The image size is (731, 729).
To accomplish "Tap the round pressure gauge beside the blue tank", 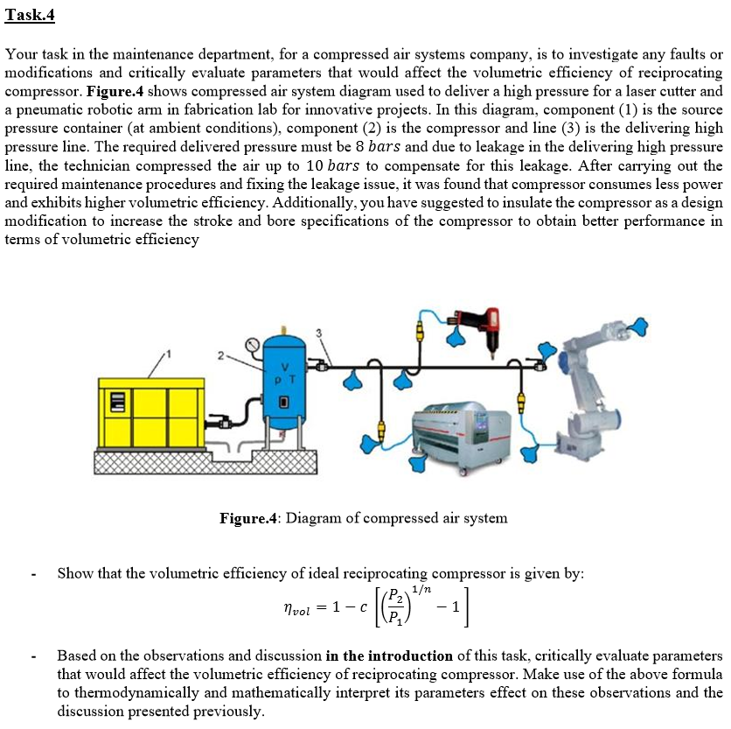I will pyautogui.click(x=254, y=346).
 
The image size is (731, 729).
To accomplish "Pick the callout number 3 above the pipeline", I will pyautogui.click(x=319, y=333).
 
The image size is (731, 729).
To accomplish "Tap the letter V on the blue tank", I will pyautogui.click(x=282, y=368).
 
